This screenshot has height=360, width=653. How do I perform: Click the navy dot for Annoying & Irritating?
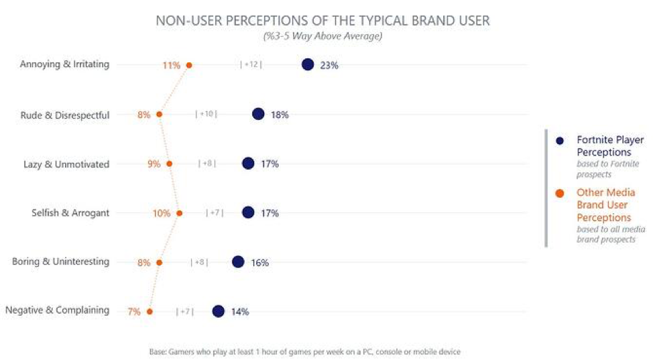point(308,64)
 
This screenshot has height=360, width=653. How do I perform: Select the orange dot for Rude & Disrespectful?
point(159,115)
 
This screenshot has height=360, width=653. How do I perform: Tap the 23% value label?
point(329,65)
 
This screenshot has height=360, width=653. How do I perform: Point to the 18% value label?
point(280,115)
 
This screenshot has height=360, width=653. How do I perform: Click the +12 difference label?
point(251,64)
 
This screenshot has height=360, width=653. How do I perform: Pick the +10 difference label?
point(206,114)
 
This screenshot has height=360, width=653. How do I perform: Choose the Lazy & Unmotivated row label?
point(67,164)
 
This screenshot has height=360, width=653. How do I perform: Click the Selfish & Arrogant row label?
point(70,213)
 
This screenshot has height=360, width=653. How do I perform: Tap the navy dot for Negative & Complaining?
point(218,311)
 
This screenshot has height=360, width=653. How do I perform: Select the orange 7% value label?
point(134,312)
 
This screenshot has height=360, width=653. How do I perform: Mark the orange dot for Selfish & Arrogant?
point(179,213)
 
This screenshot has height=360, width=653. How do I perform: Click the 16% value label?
point(260,263)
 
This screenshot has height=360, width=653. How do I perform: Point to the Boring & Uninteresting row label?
point(60,262)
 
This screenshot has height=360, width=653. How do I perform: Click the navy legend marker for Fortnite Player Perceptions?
point(560,141)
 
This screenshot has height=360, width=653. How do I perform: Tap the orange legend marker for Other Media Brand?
point(560,193)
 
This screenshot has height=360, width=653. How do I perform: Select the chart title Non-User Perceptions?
point(322,21)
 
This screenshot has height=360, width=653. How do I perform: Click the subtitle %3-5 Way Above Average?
point(322,36)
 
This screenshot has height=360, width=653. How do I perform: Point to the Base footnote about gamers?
point(304,351)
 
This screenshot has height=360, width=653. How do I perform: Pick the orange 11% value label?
point(171,65)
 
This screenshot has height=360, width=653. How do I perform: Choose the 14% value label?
point(240,312)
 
